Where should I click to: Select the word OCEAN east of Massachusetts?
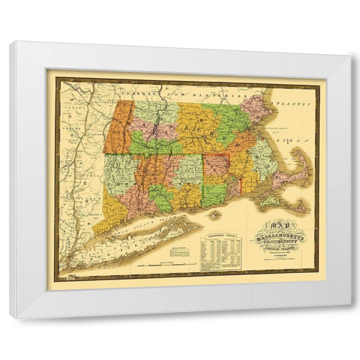pyautogui.click(x=285, y=141)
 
